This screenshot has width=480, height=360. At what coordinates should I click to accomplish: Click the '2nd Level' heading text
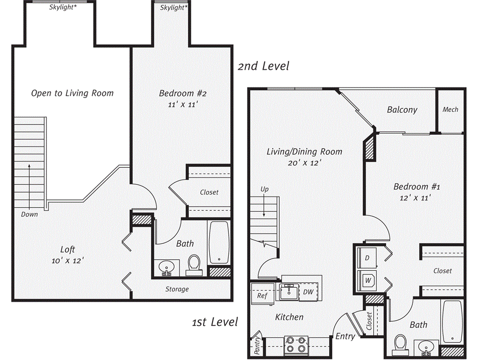pos(263,66)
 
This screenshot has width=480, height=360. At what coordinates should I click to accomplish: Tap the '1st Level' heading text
pos(215,322)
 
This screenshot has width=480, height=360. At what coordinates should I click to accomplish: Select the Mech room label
pos(450,109)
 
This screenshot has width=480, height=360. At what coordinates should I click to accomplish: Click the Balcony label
pos(402,110)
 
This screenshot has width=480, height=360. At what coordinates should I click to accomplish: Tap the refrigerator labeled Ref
pos(262,296)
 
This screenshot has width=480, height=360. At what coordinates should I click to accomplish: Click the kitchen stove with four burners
pos(296,345)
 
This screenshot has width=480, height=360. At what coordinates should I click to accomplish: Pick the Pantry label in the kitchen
pos(256,345)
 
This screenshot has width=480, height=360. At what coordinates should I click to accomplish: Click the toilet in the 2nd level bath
pos(193,265)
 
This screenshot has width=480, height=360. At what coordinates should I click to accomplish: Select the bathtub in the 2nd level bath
pos(218,243)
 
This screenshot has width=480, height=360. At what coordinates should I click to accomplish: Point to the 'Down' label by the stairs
pos(29,214)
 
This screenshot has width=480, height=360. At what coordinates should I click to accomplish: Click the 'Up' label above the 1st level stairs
pos(265,189)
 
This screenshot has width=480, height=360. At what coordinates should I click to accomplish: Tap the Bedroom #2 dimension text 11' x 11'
pos(182,105)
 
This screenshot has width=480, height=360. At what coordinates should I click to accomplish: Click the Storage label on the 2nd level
pos(177,289)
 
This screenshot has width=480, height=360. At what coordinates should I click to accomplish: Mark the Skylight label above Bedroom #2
pos(173,8)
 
